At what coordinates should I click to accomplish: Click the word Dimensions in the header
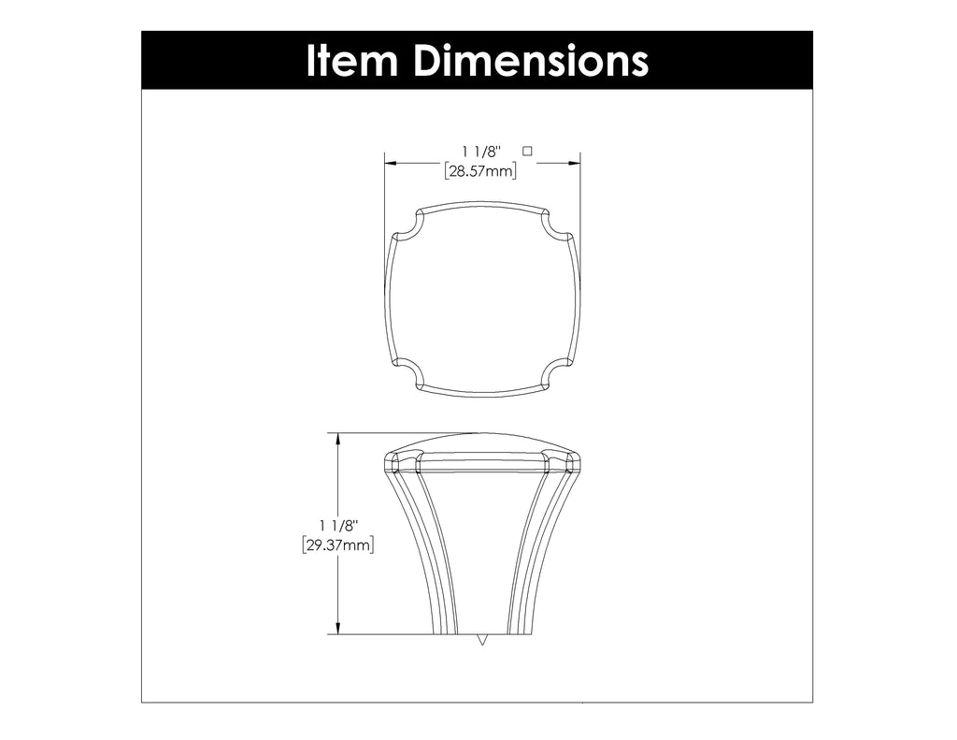coord(530,61)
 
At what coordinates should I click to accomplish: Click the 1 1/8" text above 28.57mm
coord(481,151)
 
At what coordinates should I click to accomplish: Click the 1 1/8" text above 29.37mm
coord(338,525)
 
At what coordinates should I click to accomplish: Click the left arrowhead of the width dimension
coord(393,163)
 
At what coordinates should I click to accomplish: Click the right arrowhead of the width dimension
coord(574,163)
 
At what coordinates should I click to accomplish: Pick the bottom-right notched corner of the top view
coord(557,372)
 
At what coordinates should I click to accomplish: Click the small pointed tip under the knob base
coord(482,640)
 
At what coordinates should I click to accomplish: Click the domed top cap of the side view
coord(482,443)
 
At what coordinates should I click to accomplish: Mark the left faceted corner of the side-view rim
coord(400,462)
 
